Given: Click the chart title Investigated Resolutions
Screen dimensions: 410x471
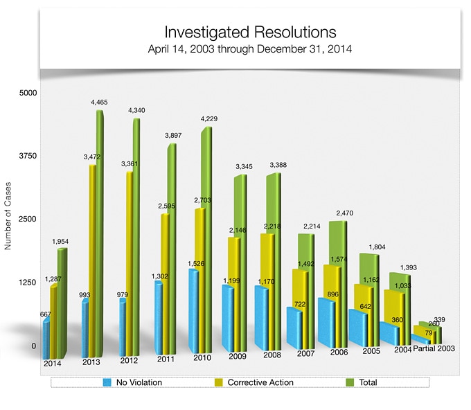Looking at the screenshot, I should coord(250,33).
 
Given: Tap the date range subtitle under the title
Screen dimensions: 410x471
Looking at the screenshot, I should coord(250,50).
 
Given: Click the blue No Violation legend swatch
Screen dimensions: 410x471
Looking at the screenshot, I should coord(107,382).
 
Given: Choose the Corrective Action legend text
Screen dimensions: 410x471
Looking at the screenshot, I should coord(260,382).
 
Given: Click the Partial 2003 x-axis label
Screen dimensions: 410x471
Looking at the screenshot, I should coord(434,348).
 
